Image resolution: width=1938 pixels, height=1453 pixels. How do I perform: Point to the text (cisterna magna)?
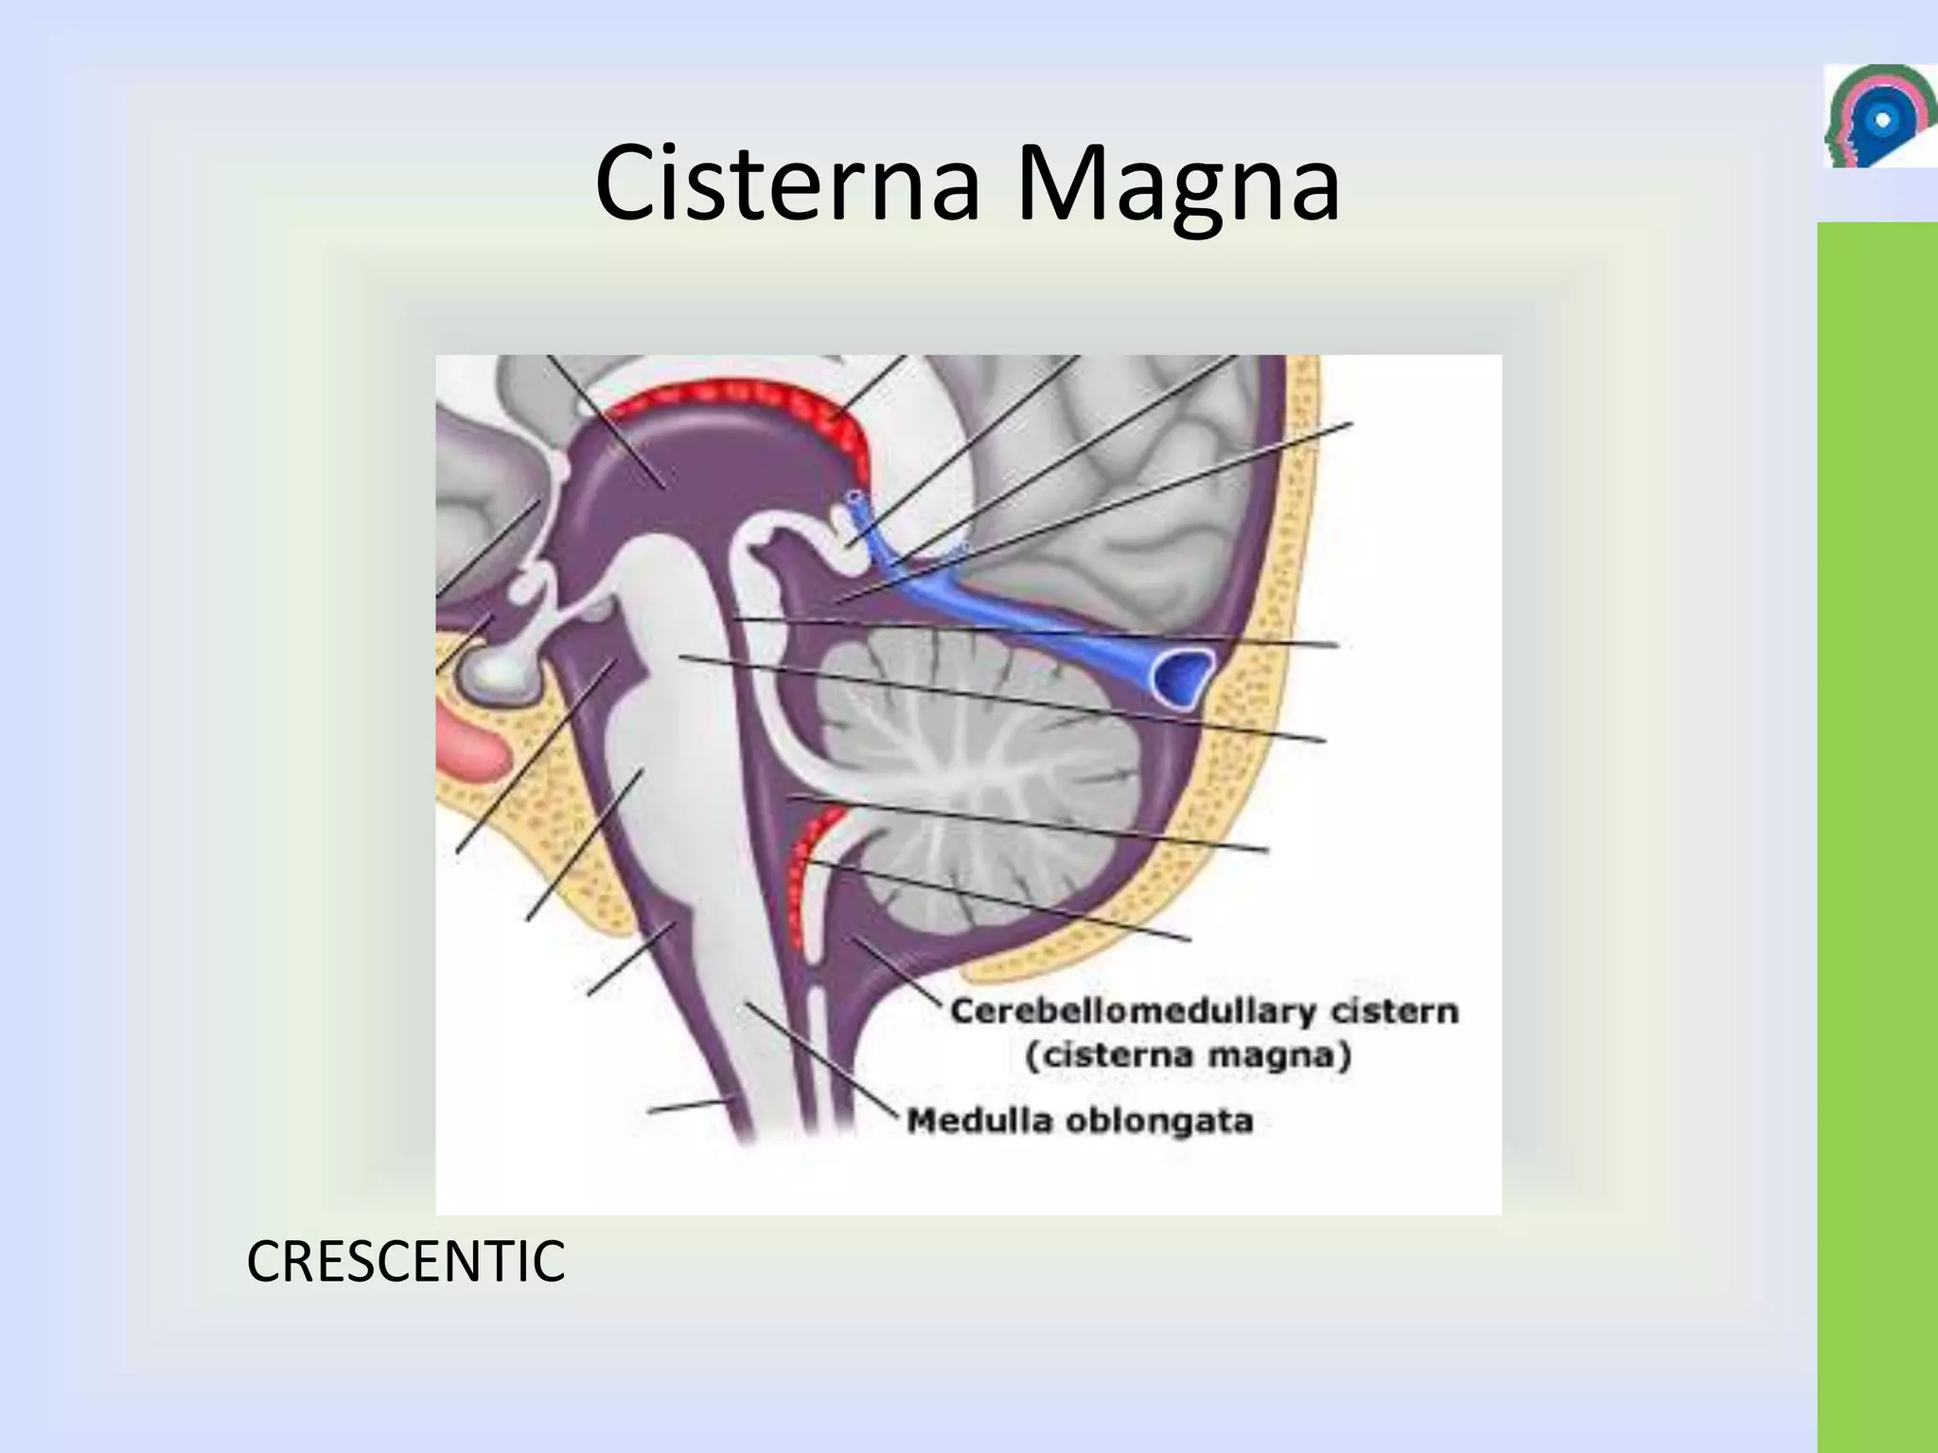point(1188,1055)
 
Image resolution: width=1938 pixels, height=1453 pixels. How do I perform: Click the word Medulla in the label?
point(979,1121)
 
